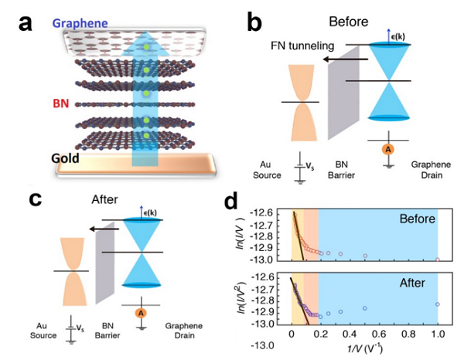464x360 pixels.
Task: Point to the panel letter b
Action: (258, 23)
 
